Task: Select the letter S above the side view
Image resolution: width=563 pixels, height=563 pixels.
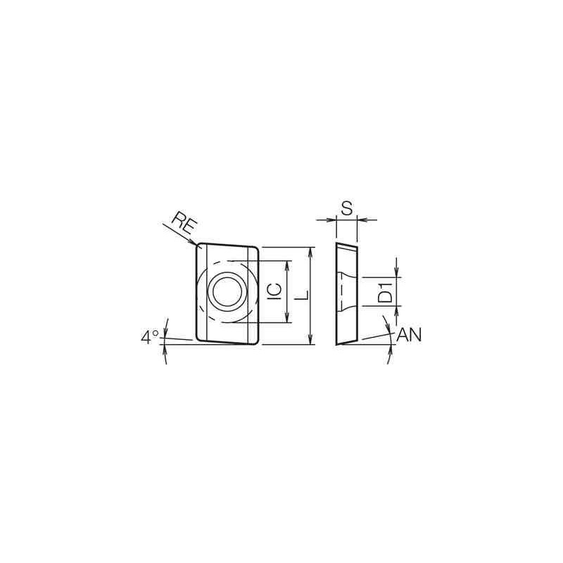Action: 346,208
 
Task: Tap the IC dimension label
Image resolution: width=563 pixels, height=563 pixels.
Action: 275,291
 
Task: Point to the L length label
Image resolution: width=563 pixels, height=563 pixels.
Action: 303,295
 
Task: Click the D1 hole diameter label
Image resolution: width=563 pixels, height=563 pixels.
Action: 386,292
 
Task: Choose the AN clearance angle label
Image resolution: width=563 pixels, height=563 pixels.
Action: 409,335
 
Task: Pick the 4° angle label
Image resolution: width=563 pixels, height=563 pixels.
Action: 150,337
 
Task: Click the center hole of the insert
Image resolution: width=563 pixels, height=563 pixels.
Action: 227,291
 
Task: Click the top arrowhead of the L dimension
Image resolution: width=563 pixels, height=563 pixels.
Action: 311,252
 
